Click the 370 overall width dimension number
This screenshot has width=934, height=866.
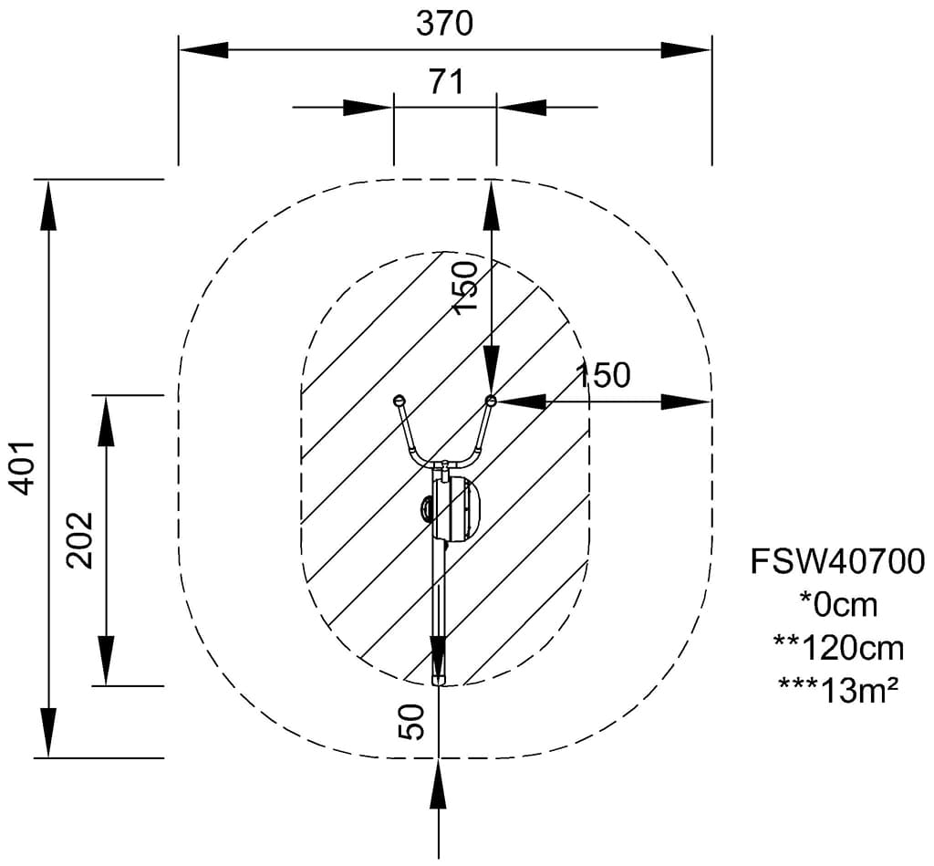click(444, 23)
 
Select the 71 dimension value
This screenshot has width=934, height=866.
click(445, 82)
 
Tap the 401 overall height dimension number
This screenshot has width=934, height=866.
click(24, 467)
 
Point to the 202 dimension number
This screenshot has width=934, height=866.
click(80, 539)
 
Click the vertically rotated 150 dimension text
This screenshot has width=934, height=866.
click(465, 287)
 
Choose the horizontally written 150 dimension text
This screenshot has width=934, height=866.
click(602, 375)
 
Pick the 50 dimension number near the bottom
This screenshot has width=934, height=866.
click(412, 722)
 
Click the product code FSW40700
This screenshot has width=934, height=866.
click(837, 561)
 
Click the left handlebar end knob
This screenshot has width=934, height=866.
click(399, 400)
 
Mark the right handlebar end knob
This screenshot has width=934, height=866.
click(491, 401)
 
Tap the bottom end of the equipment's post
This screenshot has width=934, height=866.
click(439, 679)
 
